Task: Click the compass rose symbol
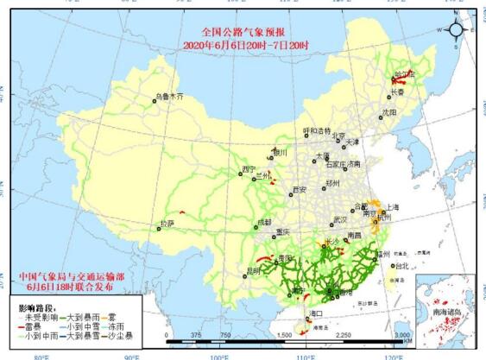[x=458, y=29]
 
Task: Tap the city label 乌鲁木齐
[x=169, y=98]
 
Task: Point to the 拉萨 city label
[x=166, y=224]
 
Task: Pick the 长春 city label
[x=397, y=92]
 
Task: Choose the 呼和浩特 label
[x=317, y=131]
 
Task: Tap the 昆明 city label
[x=253, y=270]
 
